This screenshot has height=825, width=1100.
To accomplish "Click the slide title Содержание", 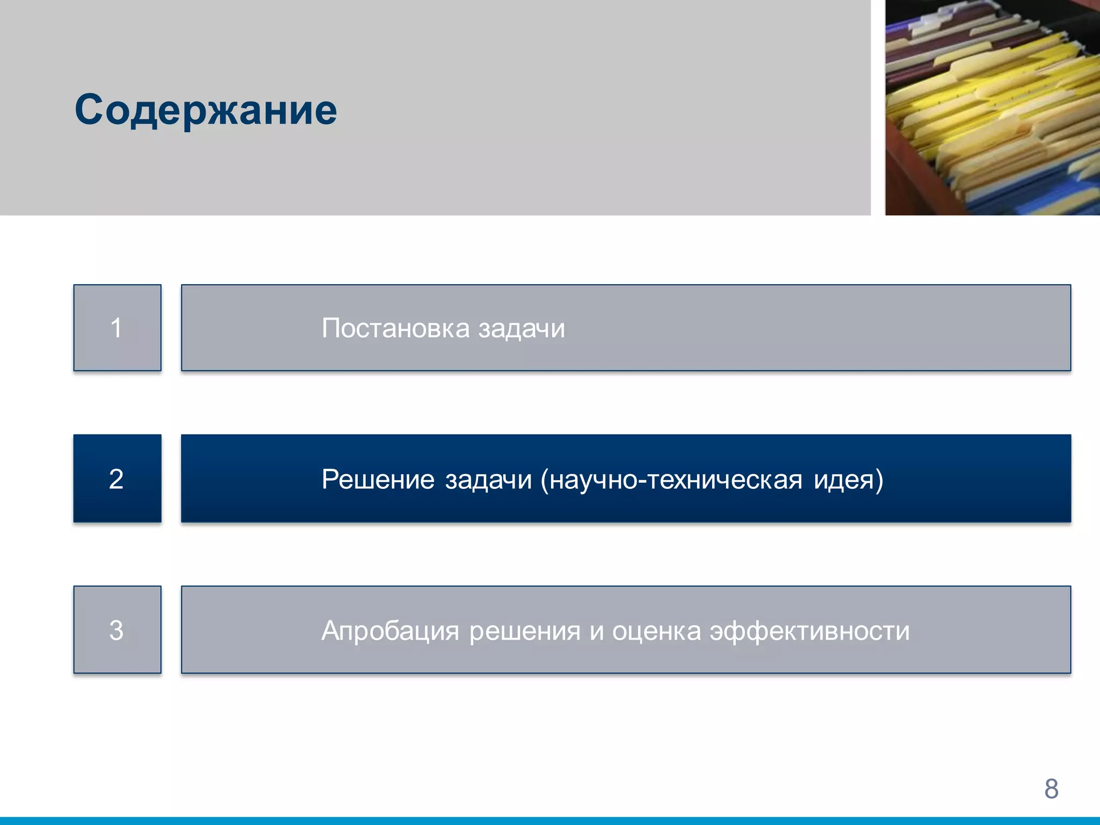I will (206, 110).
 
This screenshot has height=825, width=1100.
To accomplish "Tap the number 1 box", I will (117, 328).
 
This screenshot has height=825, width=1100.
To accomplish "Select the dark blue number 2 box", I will (117, 479).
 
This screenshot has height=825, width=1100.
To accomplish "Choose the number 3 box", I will (117, 629).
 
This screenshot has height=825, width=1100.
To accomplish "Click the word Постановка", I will (395, 328).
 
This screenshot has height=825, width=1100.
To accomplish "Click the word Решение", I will (378, 479).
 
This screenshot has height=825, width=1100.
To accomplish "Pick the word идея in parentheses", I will (843, 480).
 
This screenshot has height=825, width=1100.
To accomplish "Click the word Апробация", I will (390, 631).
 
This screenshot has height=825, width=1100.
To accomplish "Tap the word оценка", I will (656, 631).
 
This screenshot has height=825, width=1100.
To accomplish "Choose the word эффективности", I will (809, 631).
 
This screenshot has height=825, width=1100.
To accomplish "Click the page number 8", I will (1051, 788).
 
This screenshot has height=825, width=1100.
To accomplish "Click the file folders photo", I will (993, 107).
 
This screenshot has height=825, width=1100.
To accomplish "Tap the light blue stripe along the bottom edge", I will (550, 821).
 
